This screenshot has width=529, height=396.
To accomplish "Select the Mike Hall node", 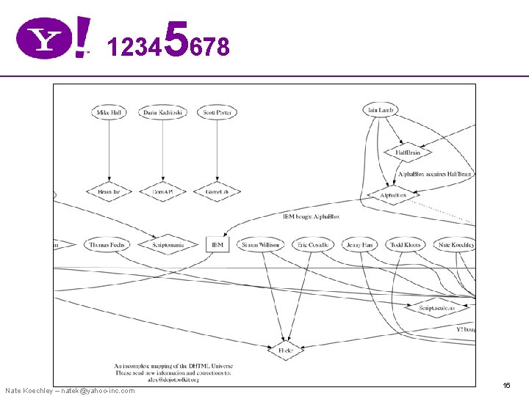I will pyautogui.click(x=109, y=112).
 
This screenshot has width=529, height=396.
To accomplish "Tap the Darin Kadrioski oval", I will pyautogui.click(x=164, y=112).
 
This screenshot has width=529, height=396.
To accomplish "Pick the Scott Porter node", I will pyautogui.click(x=218, y=112).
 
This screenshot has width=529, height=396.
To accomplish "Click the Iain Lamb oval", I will pyautogui.click(x=380, y=110).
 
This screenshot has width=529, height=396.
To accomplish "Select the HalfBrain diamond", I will pyautogui.click(x=408, y=153).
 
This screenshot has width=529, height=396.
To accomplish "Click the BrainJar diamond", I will pyautogui.click(x=109, y=192).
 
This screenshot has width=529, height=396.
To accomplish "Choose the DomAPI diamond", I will pyautogui.click(x=162, y=192).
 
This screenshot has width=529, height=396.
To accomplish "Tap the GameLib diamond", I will pyautogui.click(x=217, y=192).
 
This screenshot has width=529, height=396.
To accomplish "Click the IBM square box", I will pyautogui.click(x=217, y=244).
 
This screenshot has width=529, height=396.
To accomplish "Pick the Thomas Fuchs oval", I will pyautogui.click(x=107, y=244).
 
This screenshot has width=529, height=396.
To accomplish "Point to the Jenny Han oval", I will pyautogui.click(x=359, y=244).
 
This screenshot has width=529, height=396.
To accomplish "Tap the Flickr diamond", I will pyautogui.click(x=286, y=351).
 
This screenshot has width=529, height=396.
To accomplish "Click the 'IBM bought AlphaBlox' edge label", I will pyautogui.click(x=311, y=216).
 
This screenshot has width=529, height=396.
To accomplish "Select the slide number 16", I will pyautogui.click(x=506, y=385).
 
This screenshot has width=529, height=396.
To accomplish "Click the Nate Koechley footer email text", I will pyautogui.click(x=70, y=390).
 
